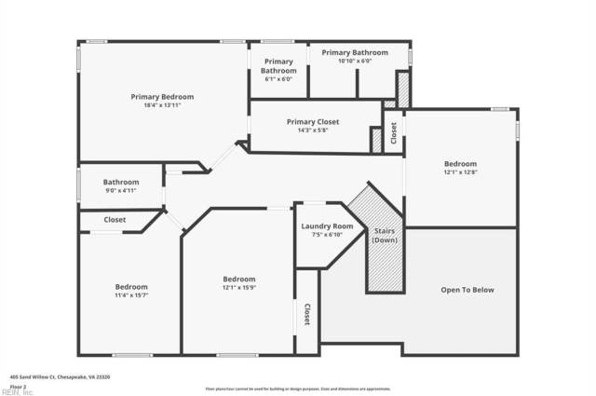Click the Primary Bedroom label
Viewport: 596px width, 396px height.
[x=162, y=97]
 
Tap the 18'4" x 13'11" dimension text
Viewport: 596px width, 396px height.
[x=162, y=107]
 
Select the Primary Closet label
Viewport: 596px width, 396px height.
[x=313, y=122]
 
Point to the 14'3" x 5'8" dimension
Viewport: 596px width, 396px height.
[x=313, y=130]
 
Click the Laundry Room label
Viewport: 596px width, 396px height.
[x=327, y=226]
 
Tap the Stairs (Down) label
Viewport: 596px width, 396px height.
[x=385, y=235]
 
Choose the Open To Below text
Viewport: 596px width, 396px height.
[x=467, y=290]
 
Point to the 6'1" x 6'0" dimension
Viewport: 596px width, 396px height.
[x=278, y=79]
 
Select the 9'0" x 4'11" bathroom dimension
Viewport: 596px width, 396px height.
[x=121, y=191]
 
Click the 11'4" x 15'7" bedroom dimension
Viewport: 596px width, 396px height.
[x=131, y=295]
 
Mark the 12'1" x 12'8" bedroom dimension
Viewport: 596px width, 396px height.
[x=460, y=171]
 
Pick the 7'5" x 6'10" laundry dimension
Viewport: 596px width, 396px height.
[x=327, y=235]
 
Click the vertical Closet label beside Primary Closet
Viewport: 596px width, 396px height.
[x=394, y=133]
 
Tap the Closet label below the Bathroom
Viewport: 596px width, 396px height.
[x=115, y=220]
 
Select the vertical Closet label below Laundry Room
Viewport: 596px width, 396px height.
[x=306, y=315]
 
